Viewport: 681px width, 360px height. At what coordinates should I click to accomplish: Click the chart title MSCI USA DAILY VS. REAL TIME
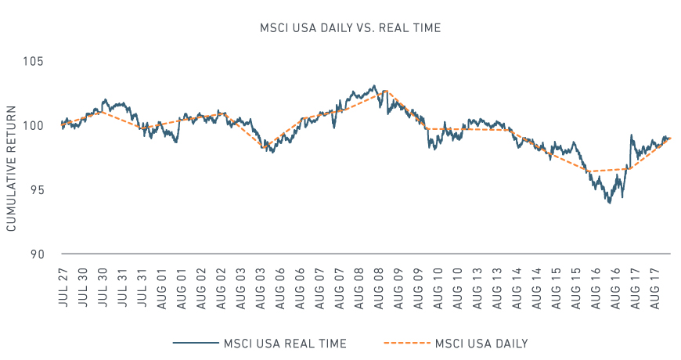pyautogui.click(x=351, y=28)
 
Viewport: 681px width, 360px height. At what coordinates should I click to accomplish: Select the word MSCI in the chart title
pyautogui.click(x=275, y=28)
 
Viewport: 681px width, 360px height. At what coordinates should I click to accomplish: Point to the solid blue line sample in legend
pyautogui.click(x=195, y=343)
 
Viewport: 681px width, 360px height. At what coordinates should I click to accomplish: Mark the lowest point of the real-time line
pyautogui.click(x=609, y=203)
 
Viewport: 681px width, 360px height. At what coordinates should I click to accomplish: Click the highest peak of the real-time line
pyautogui.click(x=374, y=85)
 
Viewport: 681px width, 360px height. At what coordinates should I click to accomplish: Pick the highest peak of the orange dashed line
pyautogui.click(x=385, y=92)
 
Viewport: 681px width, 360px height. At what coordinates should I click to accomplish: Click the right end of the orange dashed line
pyautogui.click(x=671, y=138)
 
